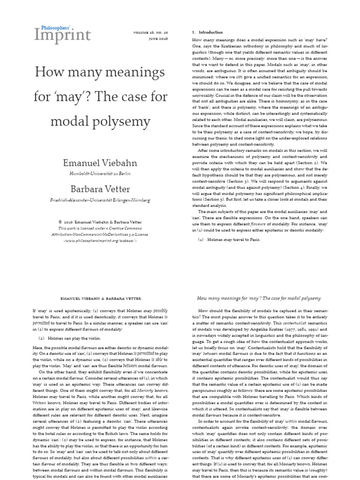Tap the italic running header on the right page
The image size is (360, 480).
point(259,298)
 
